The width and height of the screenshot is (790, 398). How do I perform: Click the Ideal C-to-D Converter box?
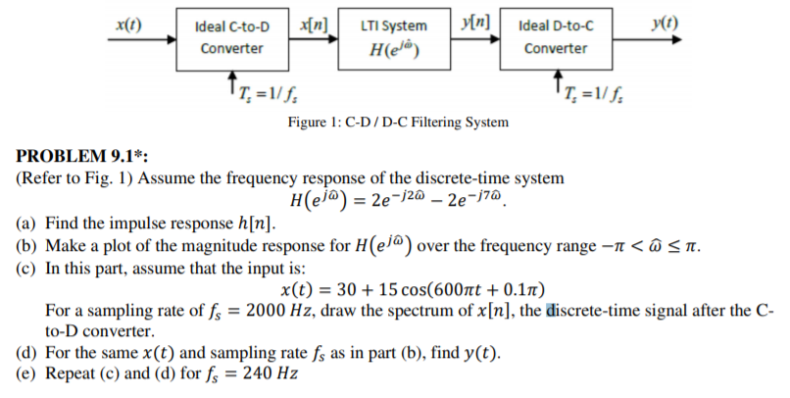[231, 36]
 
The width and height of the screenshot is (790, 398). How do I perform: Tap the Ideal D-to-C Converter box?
[556, 36]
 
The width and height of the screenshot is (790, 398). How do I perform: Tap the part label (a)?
[25, 223]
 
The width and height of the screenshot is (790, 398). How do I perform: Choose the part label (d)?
[25, 354]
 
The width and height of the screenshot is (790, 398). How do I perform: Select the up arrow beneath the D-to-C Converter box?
[559, 80]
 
